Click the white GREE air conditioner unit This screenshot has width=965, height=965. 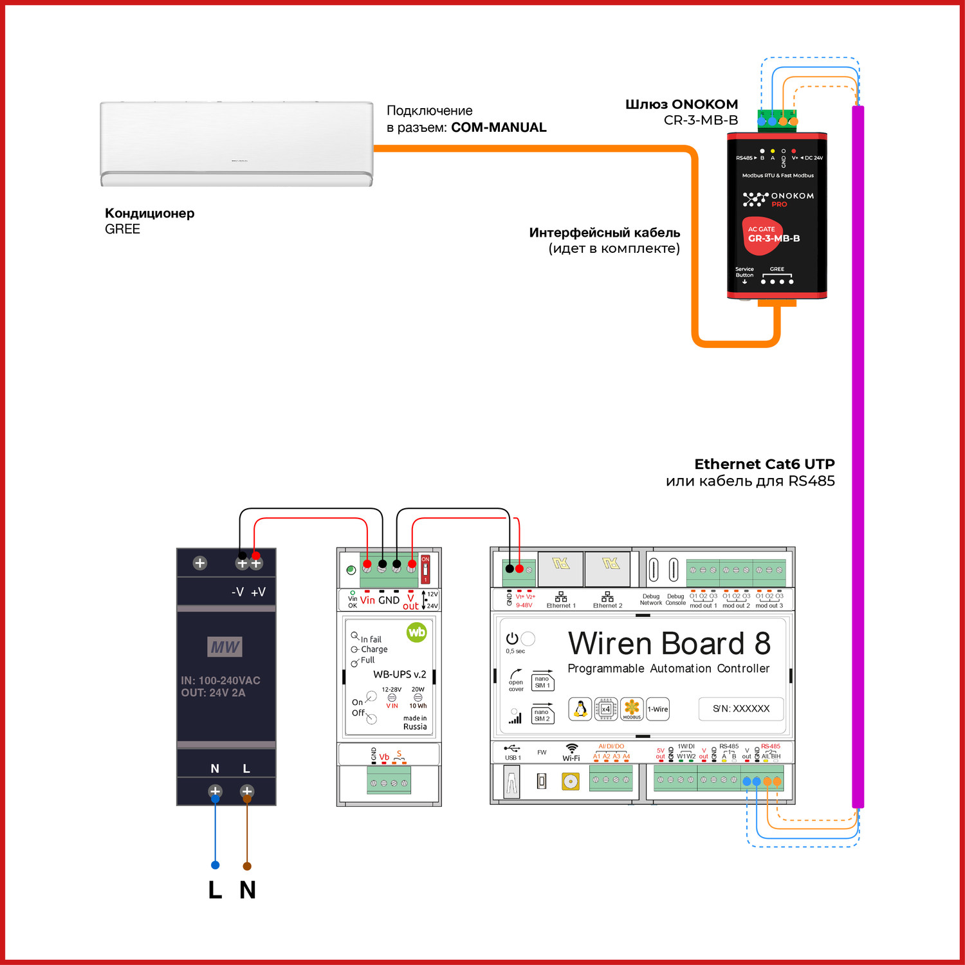[x=237, y=143]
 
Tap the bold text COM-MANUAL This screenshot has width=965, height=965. [x=499, y=127]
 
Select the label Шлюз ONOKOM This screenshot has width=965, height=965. [x=681, y=104]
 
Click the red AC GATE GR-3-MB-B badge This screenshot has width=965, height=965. [x=769, y=235]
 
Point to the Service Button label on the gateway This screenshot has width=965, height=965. [x=744, y=272]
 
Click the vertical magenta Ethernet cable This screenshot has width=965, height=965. [x=858, y=450]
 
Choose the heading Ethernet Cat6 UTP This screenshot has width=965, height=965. [x=764, y=464]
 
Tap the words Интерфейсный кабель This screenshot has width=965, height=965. [x=604, y=232]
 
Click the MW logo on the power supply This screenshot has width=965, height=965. [x=225, y=647]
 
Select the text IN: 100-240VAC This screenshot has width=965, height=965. [x=221, y=680]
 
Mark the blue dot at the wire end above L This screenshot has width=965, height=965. [x=216, y=865]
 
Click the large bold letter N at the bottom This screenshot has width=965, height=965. [x=248, y=890]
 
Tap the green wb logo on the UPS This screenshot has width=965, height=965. [x=417, y=632]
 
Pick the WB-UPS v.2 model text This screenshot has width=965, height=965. [x=400, y=674]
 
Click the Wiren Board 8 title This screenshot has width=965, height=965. [x=669, y=643]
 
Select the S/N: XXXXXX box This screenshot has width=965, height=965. [x=741, y=708]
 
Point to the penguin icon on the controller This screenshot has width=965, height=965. [x=580, y=709]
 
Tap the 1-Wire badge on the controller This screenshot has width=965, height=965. [x=657, y=709]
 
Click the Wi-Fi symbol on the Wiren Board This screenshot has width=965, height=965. [x=571, y=748]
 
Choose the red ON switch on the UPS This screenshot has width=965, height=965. [x=425, y=569]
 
